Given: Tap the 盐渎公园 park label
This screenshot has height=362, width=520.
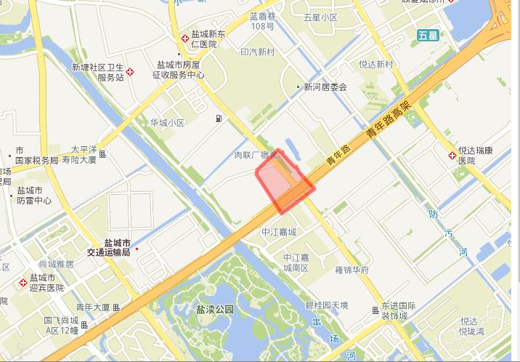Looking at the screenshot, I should pos(215,309).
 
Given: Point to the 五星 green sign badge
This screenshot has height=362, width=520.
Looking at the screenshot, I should pos(428,35).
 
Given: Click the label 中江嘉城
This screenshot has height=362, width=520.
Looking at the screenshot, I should pos(280,233).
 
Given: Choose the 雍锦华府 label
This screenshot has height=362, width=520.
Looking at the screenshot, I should pos(352,270).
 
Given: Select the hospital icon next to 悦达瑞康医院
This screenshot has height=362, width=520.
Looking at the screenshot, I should pos(452,155).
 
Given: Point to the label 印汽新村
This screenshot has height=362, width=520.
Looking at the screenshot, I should pos(258,52).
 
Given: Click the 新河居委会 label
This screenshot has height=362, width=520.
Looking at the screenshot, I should pos(325,87).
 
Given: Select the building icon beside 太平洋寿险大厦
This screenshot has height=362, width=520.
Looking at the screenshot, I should pos(103,154).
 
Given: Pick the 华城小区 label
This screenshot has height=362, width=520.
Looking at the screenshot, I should pos(168,123).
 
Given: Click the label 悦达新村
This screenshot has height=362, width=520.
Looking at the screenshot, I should pos(375,65).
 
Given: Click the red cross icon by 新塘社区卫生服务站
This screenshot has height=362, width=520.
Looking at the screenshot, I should pos(130,72).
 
